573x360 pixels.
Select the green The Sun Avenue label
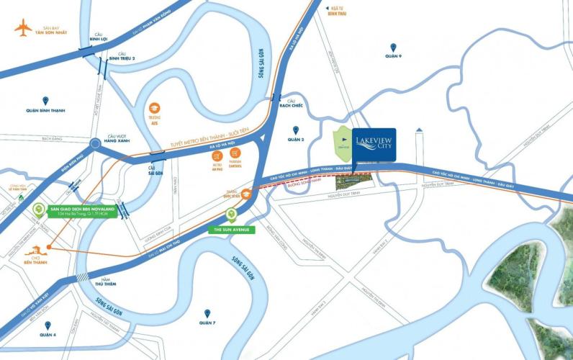tap(230, 228)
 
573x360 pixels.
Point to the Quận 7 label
tap(207, 323)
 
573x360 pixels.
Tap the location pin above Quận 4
tap(48, 325)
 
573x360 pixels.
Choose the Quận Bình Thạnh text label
tap(41, 110)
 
